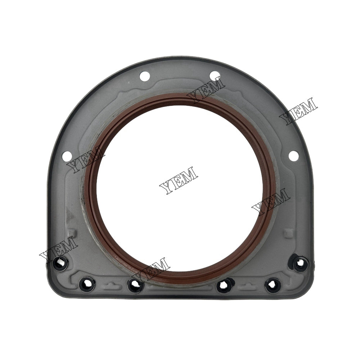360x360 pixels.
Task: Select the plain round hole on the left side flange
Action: (x=66, y=156)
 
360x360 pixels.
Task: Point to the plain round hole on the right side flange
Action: (x=293, y=156)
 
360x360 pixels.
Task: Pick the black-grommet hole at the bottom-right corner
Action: (x=298, y=264)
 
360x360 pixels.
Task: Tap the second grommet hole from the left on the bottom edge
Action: (x=86, y=285)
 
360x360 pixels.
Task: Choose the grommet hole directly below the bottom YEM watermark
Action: (x=135, y=285)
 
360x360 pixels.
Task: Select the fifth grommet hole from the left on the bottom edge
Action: (x=273, y=285)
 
